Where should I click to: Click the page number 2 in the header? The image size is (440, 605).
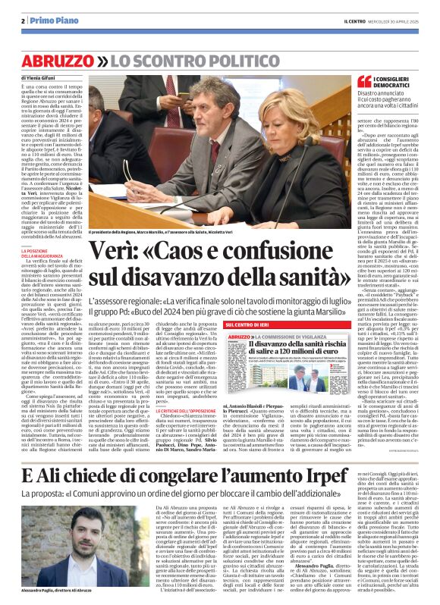click(24, 21)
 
